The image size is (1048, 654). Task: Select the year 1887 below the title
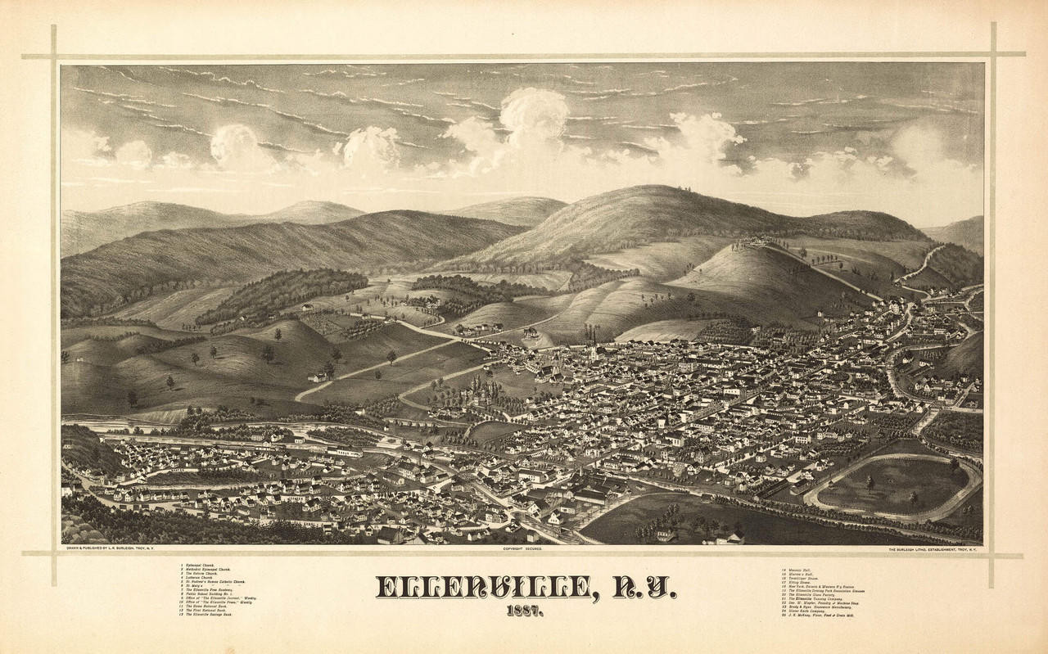coord(523,611)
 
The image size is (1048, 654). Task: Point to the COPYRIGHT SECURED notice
coord(523,549)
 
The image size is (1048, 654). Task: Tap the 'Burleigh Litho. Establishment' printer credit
coord(933,549)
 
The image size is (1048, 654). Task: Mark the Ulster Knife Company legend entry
coord(806,611)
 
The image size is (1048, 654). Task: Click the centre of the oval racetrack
coord(892,485)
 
